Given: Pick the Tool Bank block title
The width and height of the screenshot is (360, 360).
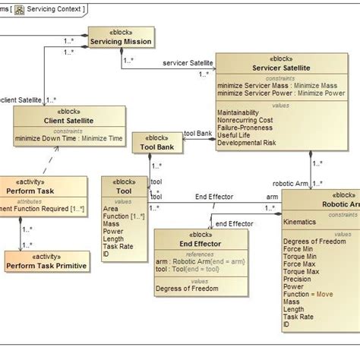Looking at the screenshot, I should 158,148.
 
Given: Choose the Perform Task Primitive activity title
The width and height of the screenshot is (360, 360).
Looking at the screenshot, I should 46,265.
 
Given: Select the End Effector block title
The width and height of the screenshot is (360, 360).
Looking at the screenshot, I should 189,244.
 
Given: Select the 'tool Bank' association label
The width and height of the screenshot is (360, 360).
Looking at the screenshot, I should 198,133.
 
